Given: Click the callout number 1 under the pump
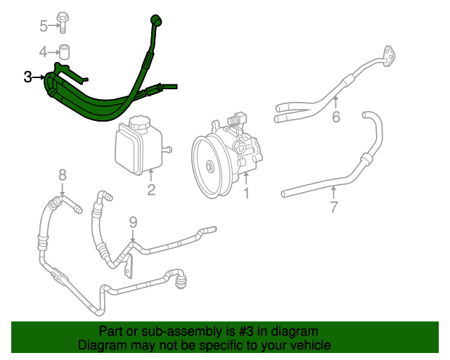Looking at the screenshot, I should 246,192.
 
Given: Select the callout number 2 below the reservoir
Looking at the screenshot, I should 151,190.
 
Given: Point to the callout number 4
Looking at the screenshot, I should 44,52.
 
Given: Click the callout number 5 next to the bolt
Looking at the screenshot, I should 44,27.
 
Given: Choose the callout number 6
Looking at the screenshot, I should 336,117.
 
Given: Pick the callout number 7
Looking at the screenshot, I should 334,206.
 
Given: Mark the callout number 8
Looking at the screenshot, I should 62,174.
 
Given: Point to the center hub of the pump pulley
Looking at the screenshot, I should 210,167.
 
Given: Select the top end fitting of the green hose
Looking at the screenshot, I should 154,20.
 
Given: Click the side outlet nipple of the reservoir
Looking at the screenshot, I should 169,148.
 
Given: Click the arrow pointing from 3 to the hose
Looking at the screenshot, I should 39,77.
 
